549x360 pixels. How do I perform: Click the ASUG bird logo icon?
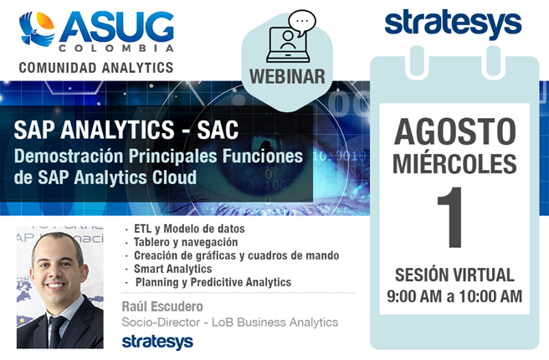point(37,28)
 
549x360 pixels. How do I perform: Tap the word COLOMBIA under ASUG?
point(116,48)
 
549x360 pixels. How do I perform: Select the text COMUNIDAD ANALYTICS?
point(96,68)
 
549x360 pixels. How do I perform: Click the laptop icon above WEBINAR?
point(288,45)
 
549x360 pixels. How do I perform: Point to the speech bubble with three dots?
point(302,22)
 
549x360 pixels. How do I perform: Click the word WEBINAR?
point(287,76)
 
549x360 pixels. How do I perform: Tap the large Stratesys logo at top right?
point(453,24)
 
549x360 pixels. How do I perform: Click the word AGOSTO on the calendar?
point(454,131)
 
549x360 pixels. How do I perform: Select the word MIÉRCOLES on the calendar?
point(454,163)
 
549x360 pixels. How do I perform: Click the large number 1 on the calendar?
point(450,217)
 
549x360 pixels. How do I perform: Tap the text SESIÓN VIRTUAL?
point(454,275)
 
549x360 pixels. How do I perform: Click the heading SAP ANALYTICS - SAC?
point(126,130)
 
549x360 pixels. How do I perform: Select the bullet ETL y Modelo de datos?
point(189,229)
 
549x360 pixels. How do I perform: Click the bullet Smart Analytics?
point(172,269)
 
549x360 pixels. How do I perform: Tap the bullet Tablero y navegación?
point(186,242)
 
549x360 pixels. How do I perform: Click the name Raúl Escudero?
point(162,306)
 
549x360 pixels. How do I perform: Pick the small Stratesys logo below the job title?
point(157,342)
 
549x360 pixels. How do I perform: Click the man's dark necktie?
point(56,332)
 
